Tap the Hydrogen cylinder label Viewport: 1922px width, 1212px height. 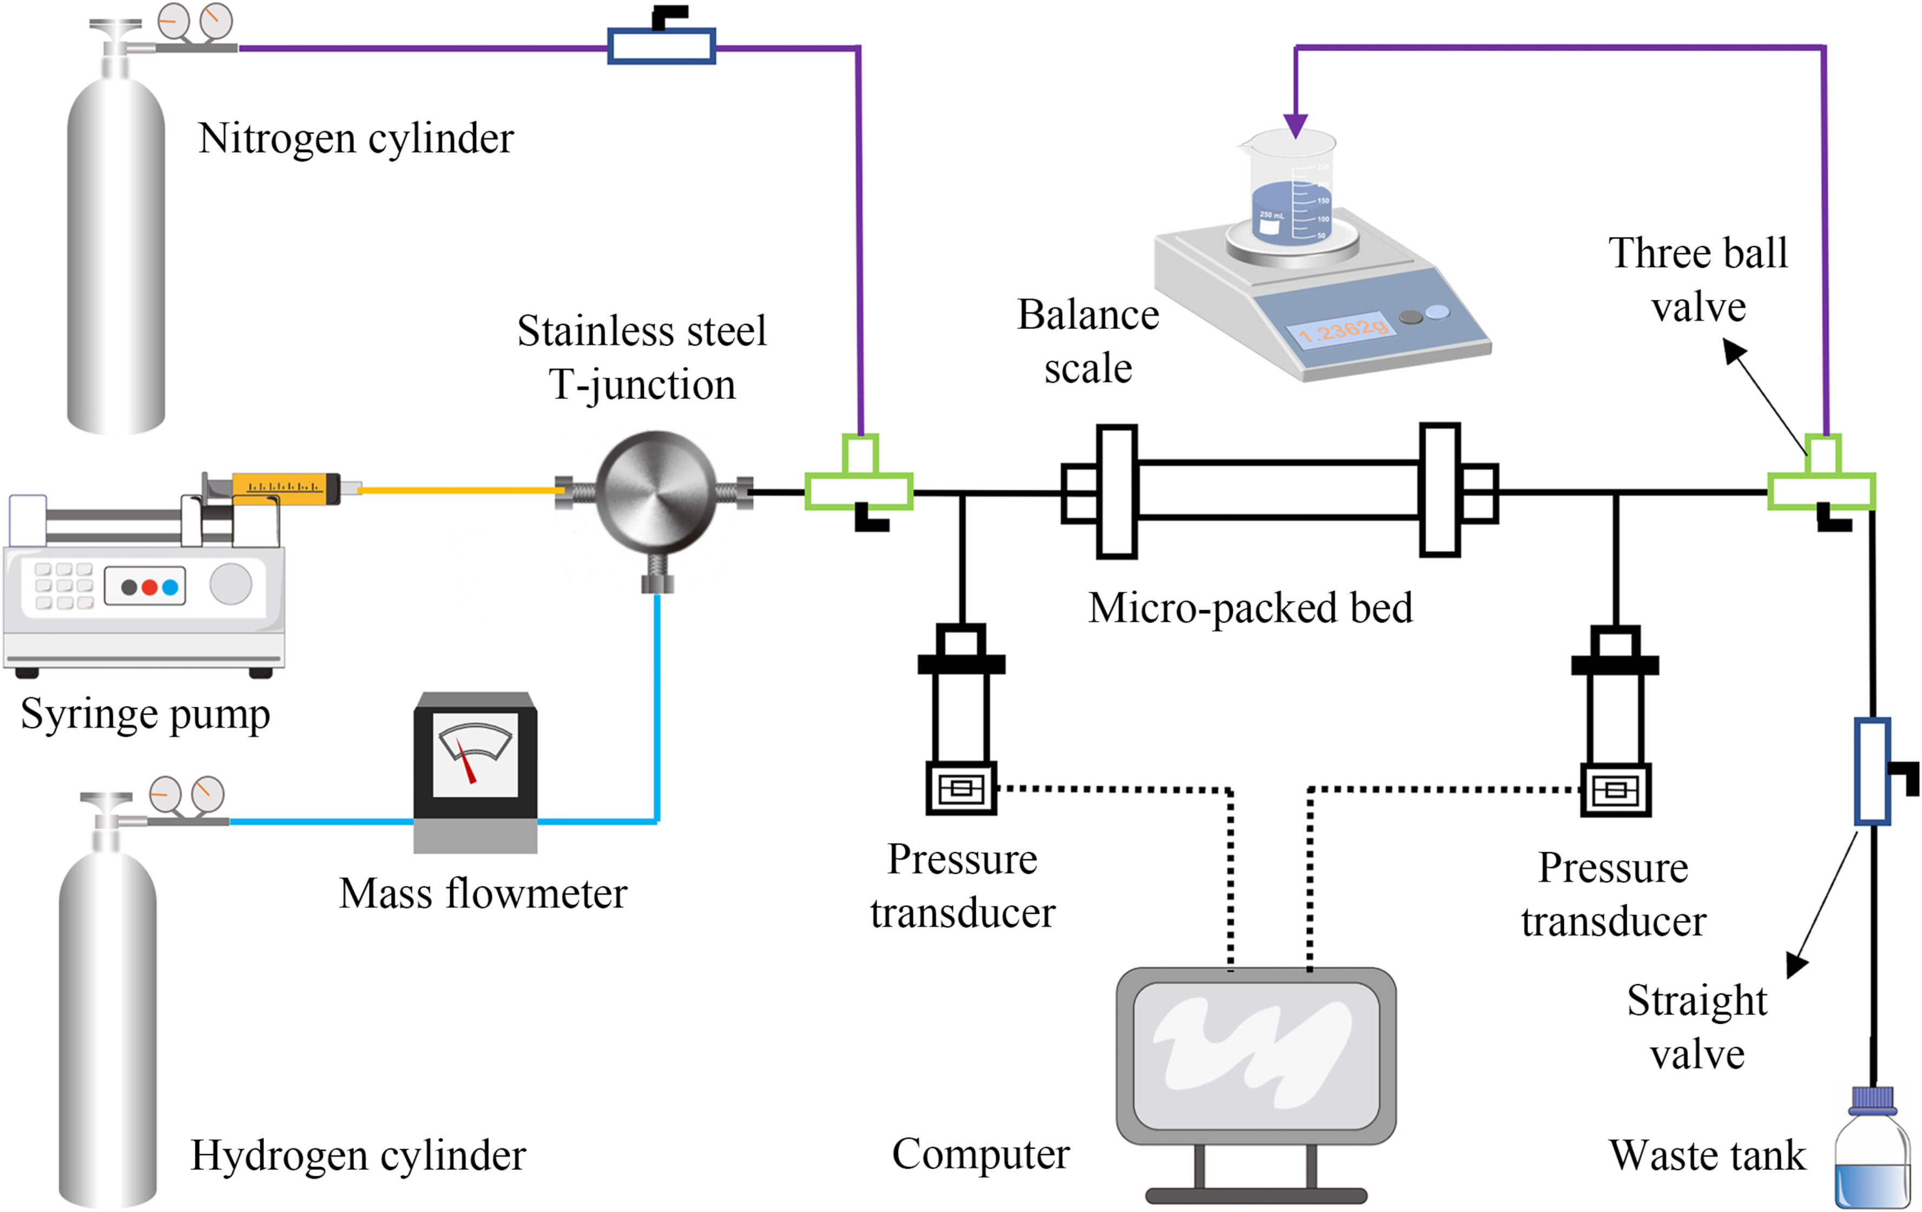(x=358, y=1155)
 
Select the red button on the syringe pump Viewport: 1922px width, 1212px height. (x=149, y=587)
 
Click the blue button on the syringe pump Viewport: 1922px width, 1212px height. (x=170, y=587)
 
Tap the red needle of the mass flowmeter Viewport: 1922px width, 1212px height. (x=466, y=762)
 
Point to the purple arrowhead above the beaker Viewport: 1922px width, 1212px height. (x=1295, y=126)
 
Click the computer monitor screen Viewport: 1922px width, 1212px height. (x=1255, y=1056)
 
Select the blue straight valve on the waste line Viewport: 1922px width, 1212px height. (x=1871, y=771)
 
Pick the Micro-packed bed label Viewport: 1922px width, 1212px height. (x=1250, y=608)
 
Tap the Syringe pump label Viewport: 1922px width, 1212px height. (x=145, y=714)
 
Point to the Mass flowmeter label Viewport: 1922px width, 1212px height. (x=483, y=894)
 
